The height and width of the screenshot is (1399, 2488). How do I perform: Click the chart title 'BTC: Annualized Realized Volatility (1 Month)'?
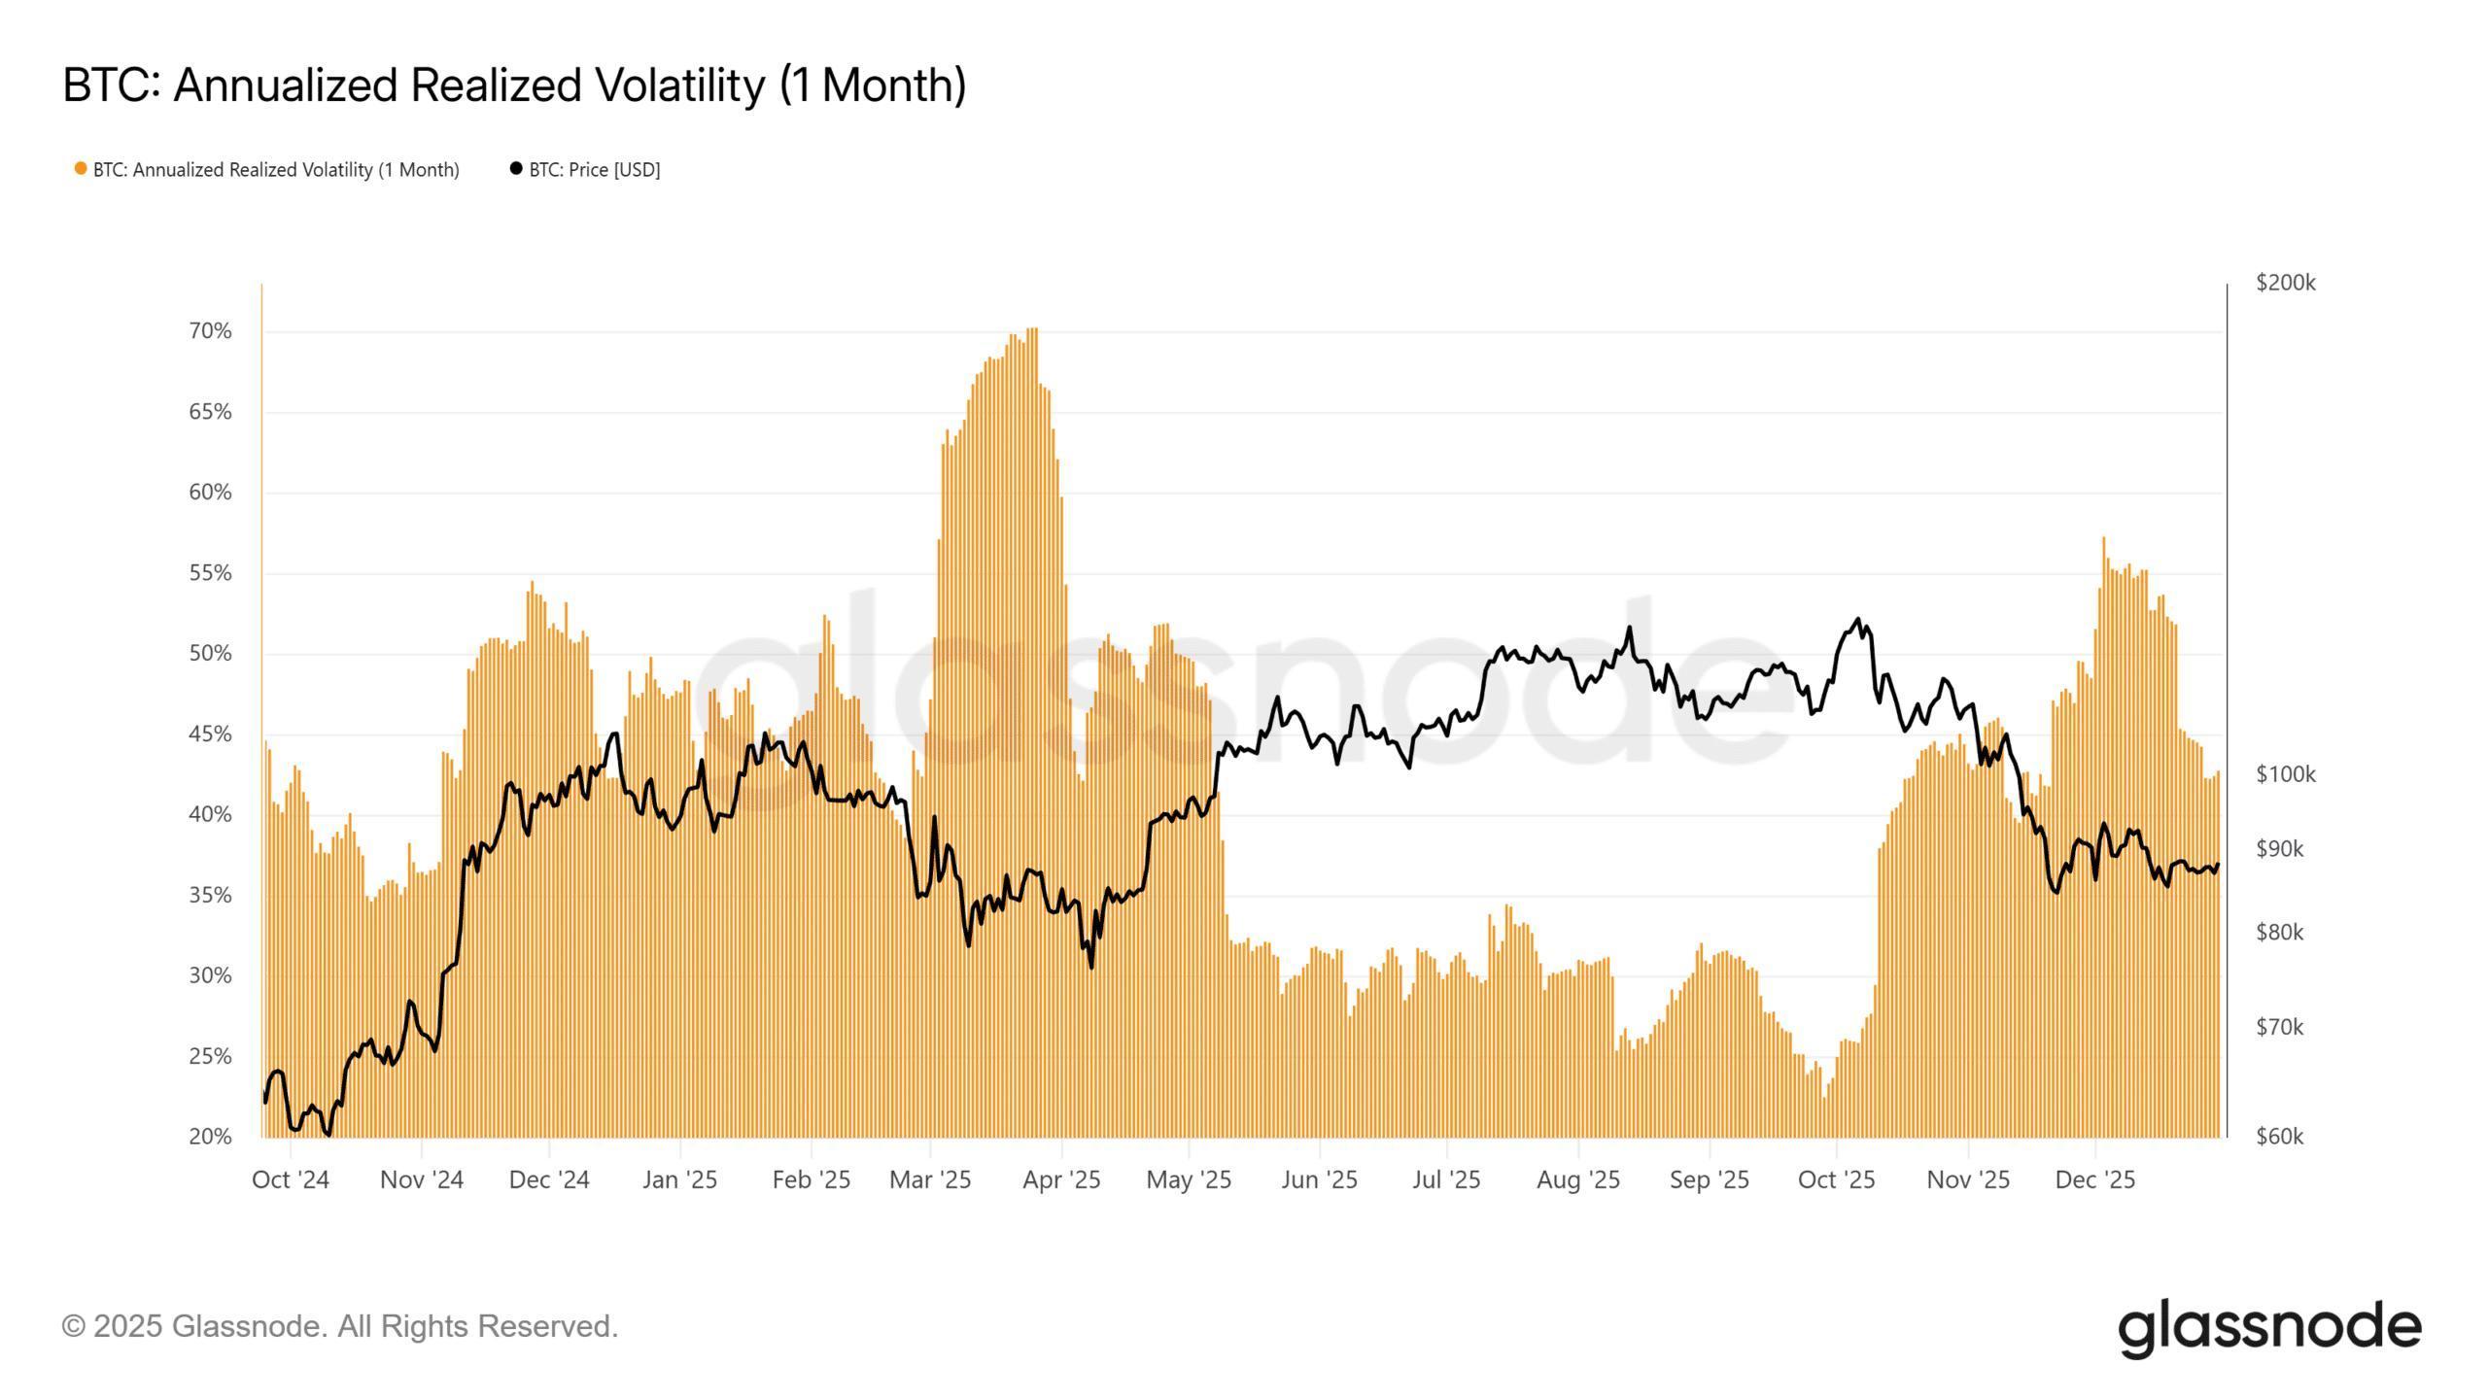pos(514,85)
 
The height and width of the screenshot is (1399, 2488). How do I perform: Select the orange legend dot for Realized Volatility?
pos(81,169)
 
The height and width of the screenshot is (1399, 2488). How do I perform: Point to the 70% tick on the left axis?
pos(210,331)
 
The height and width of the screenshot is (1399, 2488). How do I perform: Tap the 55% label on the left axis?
pos(210,573)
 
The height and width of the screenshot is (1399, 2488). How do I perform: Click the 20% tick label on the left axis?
pos(210,1137)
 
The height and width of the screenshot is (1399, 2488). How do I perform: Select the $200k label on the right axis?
pos(2285,283)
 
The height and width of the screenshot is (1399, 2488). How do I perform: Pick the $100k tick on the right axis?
pos(2285,774)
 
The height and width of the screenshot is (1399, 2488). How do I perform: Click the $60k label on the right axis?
pos(2279,1137)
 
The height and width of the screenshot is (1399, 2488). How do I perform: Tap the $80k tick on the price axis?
pos(2279,933)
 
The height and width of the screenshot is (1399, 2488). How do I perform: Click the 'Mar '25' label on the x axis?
pos(930,1179)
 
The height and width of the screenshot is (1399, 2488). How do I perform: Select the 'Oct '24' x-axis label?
pos(291,1179)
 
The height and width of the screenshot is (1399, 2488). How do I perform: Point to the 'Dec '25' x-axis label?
pos(2095,1179)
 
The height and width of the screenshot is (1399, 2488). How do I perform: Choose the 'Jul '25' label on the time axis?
pos(1446,1179)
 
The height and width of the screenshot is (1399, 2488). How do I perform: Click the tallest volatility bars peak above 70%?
pos(1032,330)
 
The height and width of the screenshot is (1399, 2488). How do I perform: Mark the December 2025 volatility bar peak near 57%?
pos(2103,539)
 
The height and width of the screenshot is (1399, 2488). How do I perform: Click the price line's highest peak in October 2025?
pos(1858,619)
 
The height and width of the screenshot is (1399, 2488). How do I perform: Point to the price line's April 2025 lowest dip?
pos(1091,967)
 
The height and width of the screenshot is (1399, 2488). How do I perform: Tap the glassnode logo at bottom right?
pos(2268,1327)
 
